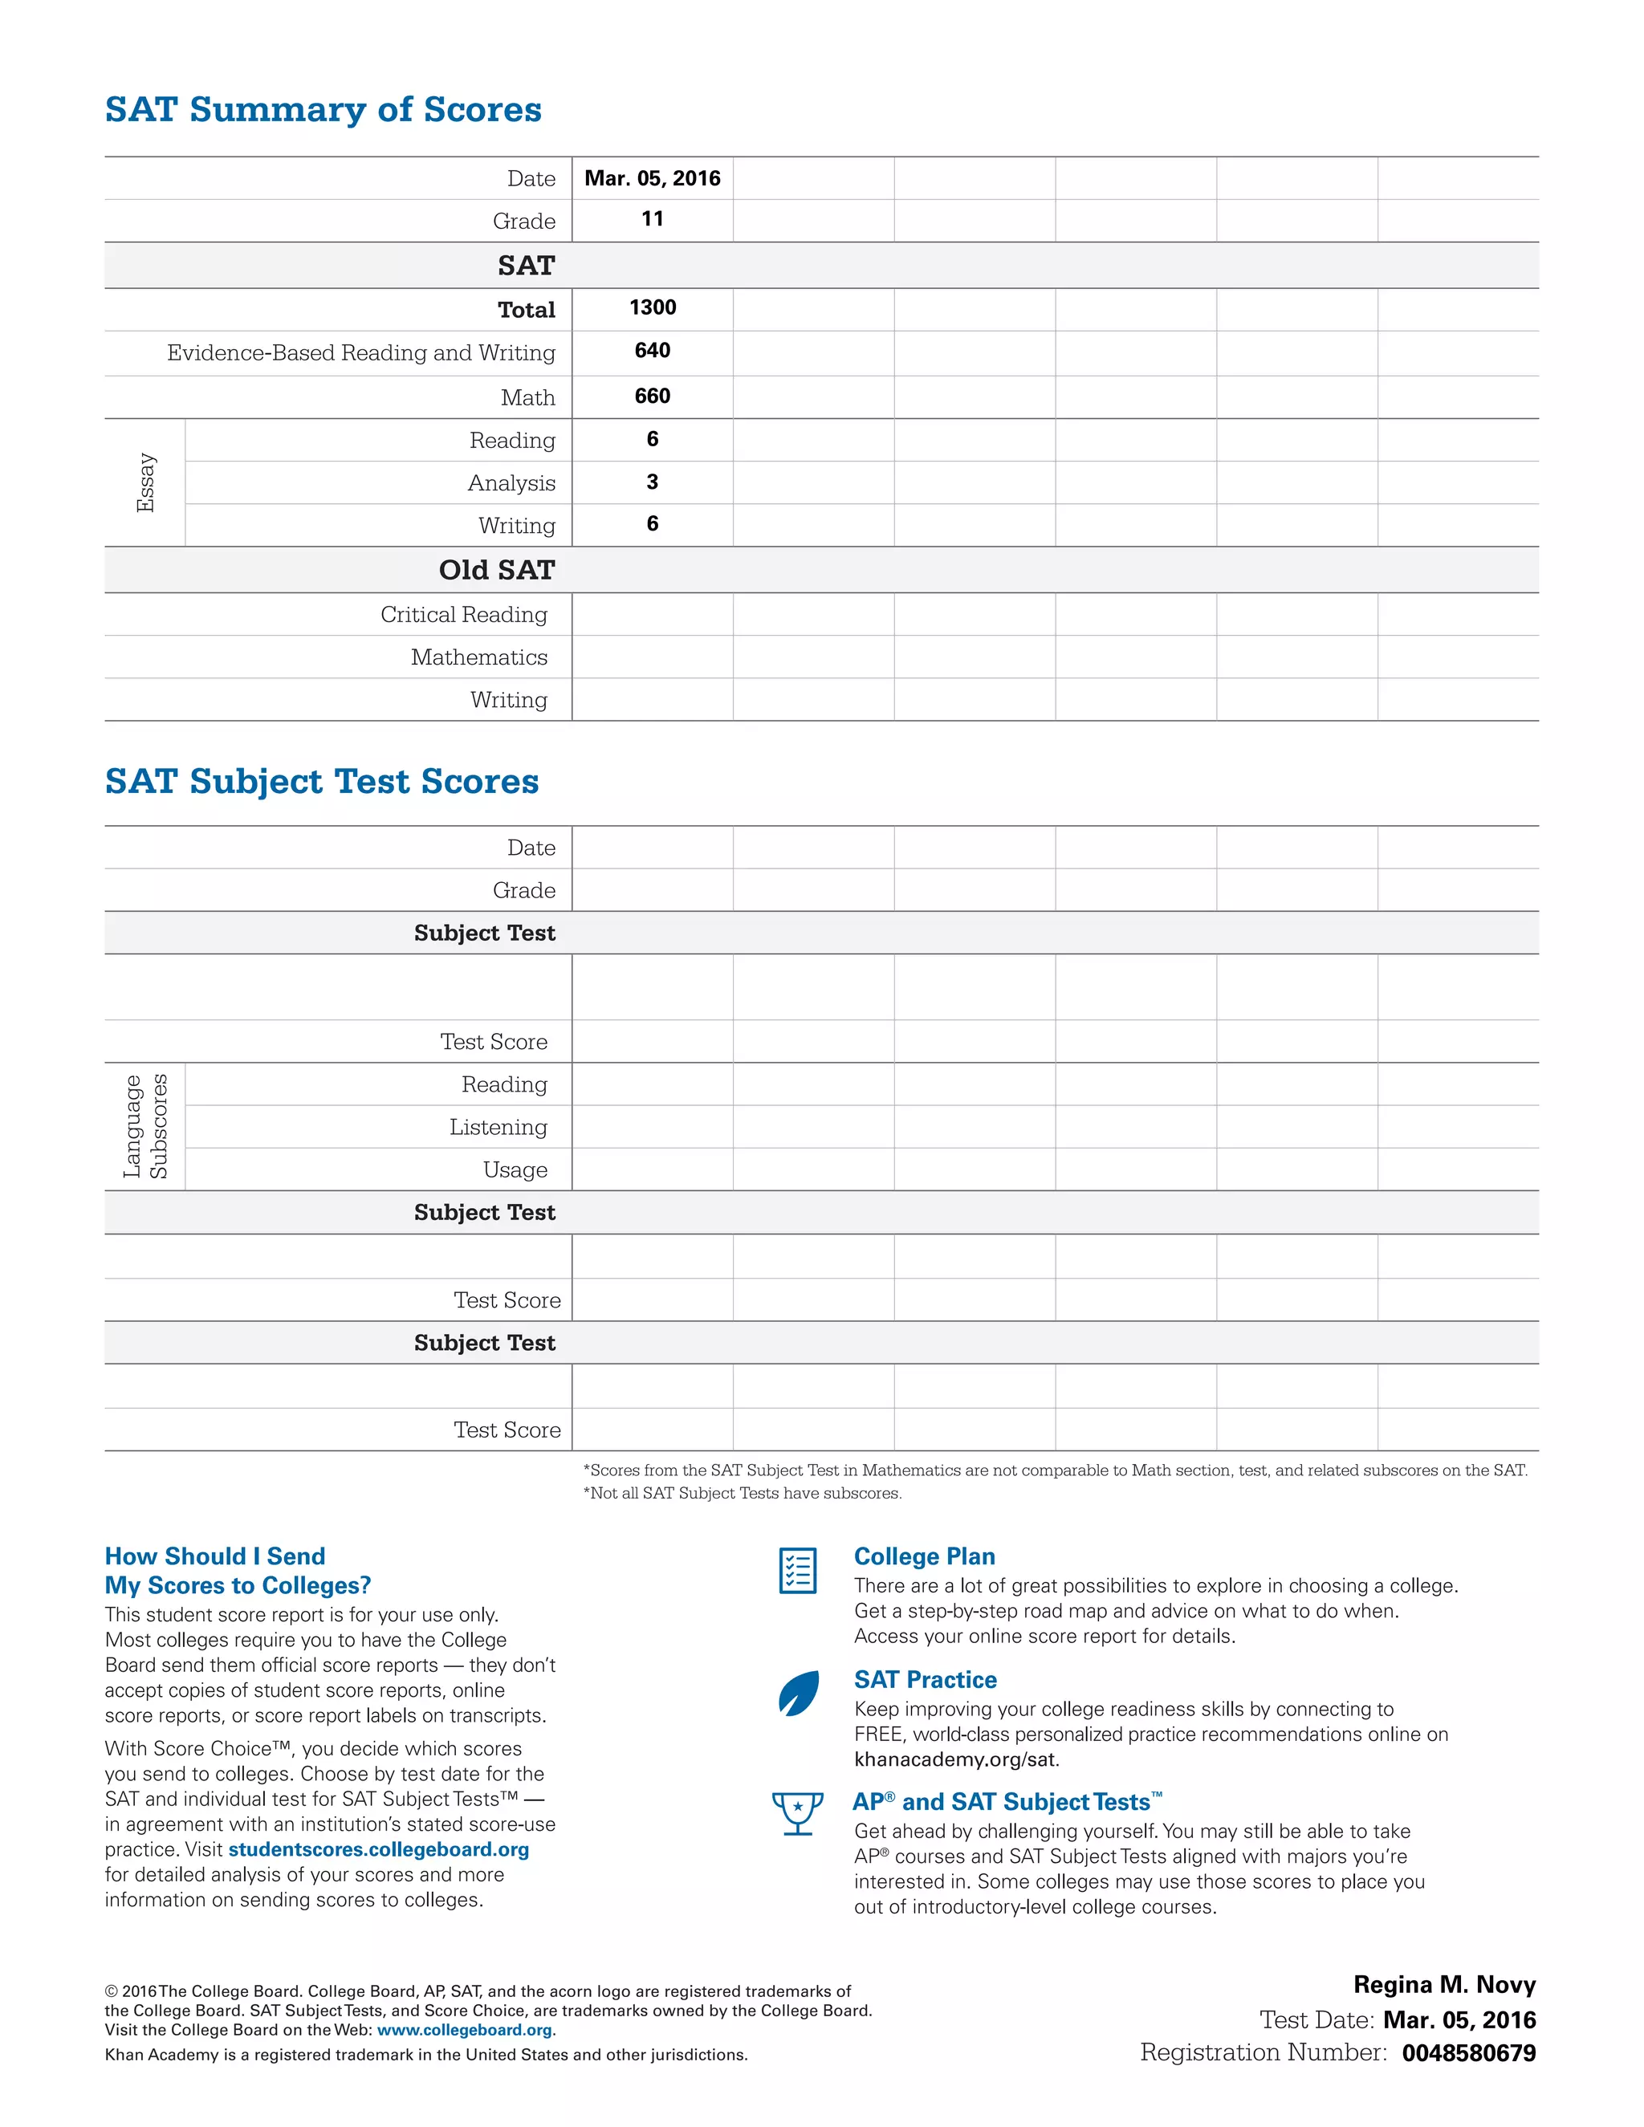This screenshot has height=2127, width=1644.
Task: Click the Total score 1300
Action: coord(652,307)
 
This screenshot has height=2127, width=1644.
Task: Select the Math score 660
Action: coord(652,396)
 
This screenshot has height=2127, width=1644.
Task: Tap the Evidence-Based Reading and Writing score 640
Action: coord(652,351)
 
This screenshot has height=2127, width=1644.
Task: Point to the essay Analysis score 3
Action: coord(652,482)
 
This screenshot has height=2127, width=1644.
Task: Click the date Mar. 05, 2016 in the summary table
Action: coord(652,178)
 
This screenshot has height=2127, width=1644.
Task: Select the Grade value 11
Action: coord(652,219)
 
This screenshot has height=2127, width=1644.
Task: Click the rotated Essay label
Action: coord(145,482)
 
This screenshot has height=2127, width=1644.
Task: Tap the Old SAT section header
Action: coord(497,570)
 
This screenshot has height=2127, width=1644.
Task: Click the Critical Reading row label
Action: coord(464,615)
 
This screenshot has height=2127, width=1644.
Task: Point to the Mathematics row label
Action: coord(478,657)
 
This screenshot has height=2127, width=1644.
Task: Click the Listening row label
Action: coord(498,1127)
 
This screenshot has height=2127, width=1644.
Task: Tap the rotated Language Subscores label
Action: coord(145,1127)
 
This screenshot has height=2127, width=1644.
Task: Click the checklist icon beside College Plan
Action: coord(798,1570)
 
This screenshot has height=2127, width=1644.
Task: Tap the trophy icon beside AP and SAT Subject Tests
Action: coord(798,1813)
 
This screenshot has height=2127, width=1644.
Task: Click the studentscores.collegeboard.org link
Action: coord(378,1849)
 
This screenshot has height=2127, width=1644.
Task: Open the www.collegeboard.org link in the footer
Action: coord(464,2030)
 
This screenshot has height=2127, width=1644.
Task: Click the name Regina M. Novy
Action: coord(1443,1985)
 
